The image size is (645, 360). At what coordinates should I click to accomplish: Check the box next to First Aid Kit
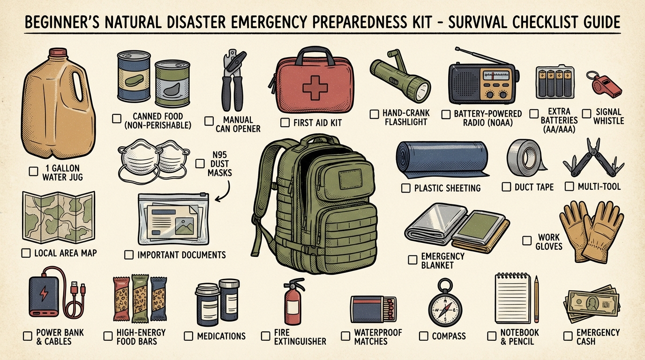pos(285,123)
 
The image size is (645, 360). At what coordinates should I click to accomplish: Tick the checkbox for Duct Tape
pos(506,187)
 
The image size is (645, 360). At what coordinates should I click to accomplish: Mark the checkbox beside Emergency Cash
pos(568,336)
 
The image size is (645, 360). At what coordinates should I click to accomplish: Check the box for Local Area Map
pos(26,254)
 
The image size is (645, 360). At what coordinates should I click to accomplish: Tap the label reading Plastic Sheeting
pos(447,188)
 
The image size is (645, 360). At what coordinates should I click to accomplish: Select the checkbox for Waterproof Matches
pos(345,336)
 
